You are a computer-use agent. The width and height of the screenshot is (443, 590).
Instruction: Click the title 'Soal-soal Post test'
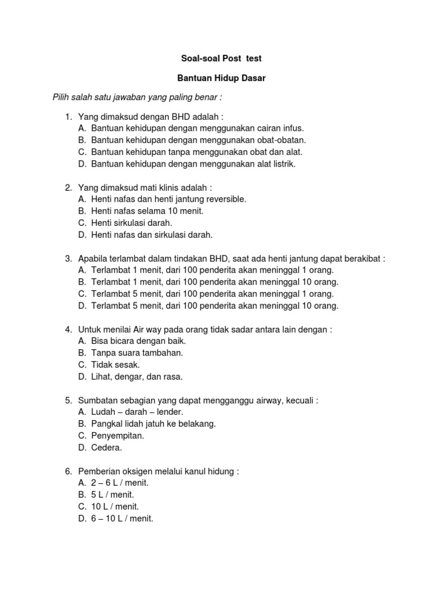[x=221, y=58]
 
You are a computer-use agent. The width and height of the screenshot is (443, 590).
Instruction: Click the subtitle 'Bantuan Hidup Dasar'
[x=221, y=78]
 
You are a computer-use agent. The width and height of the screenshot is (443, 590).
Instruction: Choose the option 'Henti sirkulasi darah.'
[x=132, y=223]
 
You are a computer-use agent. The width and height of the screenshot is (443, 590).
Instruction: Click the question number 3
[x=67, y=259]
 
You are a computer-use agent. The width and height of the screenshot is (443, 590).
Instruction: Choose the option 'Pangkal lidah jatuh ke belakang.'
[x=153, y=424]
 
